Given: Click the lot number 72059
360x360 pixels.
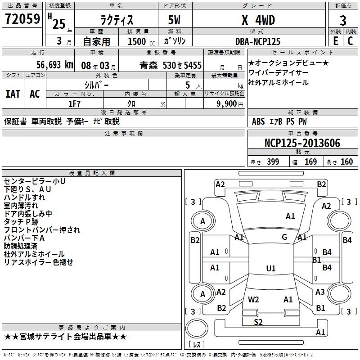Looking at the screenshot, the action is [22, 19].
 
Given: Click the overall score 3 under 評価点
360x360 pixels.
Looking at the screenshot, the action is [343, 21].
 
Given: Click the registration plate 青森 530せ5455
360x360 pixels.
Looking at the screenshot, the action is [171, 65].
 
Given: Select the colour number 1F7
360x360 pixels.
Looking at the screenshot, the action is [74, 103].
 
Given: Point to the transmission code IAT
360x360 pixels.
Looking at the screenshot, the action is [13, 94].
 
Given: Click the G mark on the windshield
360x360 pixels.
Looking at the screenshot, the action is [284, 237].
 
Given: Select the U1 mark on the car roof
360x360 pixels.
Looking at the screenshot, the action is [270, 269].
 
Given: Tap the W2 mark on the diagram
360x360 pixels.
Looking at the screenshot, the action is [253, 299].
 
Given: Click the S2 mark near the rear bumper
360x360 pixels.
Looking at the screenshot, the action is [258, 321].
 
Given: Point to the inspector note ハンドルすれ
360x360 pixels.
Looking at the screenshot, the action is [24, 198].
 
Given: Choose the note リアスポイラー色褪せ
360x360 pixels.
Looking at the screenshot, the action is [38, 262].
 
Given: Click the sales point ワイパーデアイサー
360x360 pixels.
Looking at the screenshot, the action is [278, 72].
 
